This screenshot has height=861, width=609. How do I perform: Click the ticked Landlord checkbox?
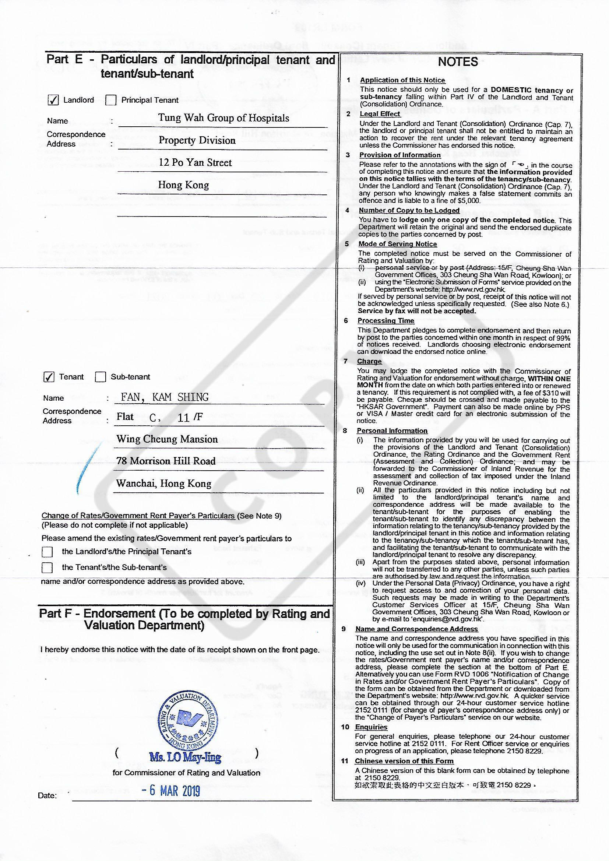[53, 100]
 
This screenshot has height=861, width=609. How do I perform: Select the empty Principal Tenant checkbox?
[110, 100]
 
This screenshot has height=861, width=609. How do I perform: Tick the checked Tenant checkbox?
[49, 377]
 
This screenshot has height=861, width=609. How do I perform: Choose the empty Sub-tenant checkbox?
[101, 377]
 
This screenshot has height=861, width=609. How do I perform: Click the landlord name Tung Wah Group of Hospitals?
[223, 118]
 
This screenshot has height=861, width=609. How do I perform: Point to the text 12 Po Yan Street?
[196, 163]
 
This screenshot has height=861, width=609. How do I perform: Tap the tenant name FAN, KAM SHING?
[165, 397]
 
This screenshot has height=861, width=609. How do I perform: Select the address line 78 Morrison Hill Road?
[166, 461]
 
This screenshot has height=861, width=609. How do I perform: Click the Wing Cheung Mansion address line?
[167, 439]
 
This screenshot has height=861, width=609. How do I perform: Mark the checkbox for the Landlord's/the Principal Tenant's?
[47, 552]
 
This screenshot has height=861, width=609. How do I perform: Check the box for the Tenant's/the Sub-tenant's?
[47, 568]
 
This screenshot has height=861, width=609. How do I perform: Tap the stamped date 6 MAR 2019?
[171, 791]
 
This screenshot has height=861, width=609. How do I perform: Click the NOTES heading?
[458, 62]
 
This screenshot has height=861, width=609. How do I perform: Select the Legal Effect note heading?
[380, 114]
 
